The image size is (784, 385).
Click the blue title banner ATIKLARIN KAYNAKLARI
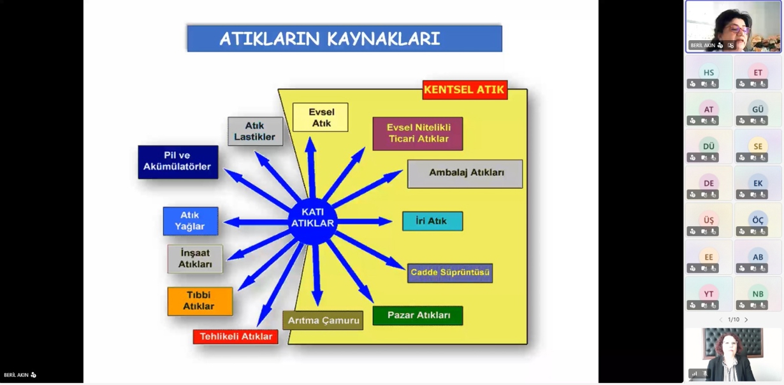tap(344, 38)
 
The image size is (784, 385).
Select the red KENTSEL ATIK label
tap(465, 90)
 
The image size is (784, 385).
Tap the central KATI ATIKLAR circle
tap(312, 218)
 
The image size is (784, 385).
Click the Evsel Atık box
tap(321, 117)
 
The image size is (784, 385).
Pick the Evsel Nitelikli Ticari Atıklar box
tap(417, 133)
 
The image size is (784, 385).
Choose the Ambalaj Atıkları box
tap(465, 173)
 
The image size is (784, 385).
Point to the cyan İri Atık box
tap(432, 221)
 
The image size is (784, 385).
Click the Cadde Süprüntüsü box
tap(450, 273)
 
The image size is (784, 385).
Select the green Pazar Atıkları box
tap(418, 316)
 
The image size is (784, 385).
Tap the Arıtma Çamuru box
tap(323, 320)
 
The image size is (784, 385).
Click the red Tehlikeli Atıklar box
tap(236, 337)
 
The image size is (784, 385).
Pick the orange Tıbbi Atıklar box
tap(200, 301)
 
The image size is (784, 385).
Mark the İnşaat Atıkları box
tap(195, 259)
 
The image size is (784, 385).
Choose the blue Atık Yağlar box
tap(190, 221)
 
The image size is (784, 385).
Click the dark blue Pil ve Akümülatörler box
tap(178, 161)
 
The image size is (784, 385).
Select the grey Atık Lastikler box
tap(255, 131)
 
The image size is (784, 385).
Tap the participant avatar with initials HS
tap(708, 72)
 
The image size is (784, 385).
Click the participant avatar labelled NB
tap(758, 294)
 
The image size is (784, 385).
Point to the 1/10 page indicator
tap(734, 319)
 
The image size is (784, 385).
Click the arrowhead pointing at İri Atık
tap(386, 222)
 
